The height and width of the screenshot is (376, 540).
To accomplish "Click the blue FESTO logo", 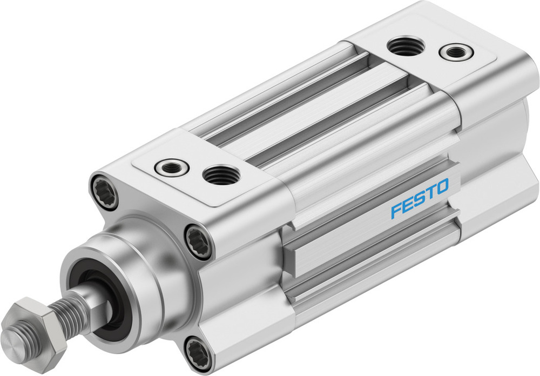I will (420, 198).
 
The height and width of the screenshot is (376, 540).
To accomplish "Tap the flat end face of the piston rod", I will (13, 340).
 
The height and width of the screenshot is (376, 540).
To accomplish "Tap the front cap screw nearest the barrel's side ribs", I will (198, 241).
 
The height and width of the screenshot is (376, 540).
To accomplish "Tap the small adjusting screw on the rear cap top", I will (456, 52).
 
